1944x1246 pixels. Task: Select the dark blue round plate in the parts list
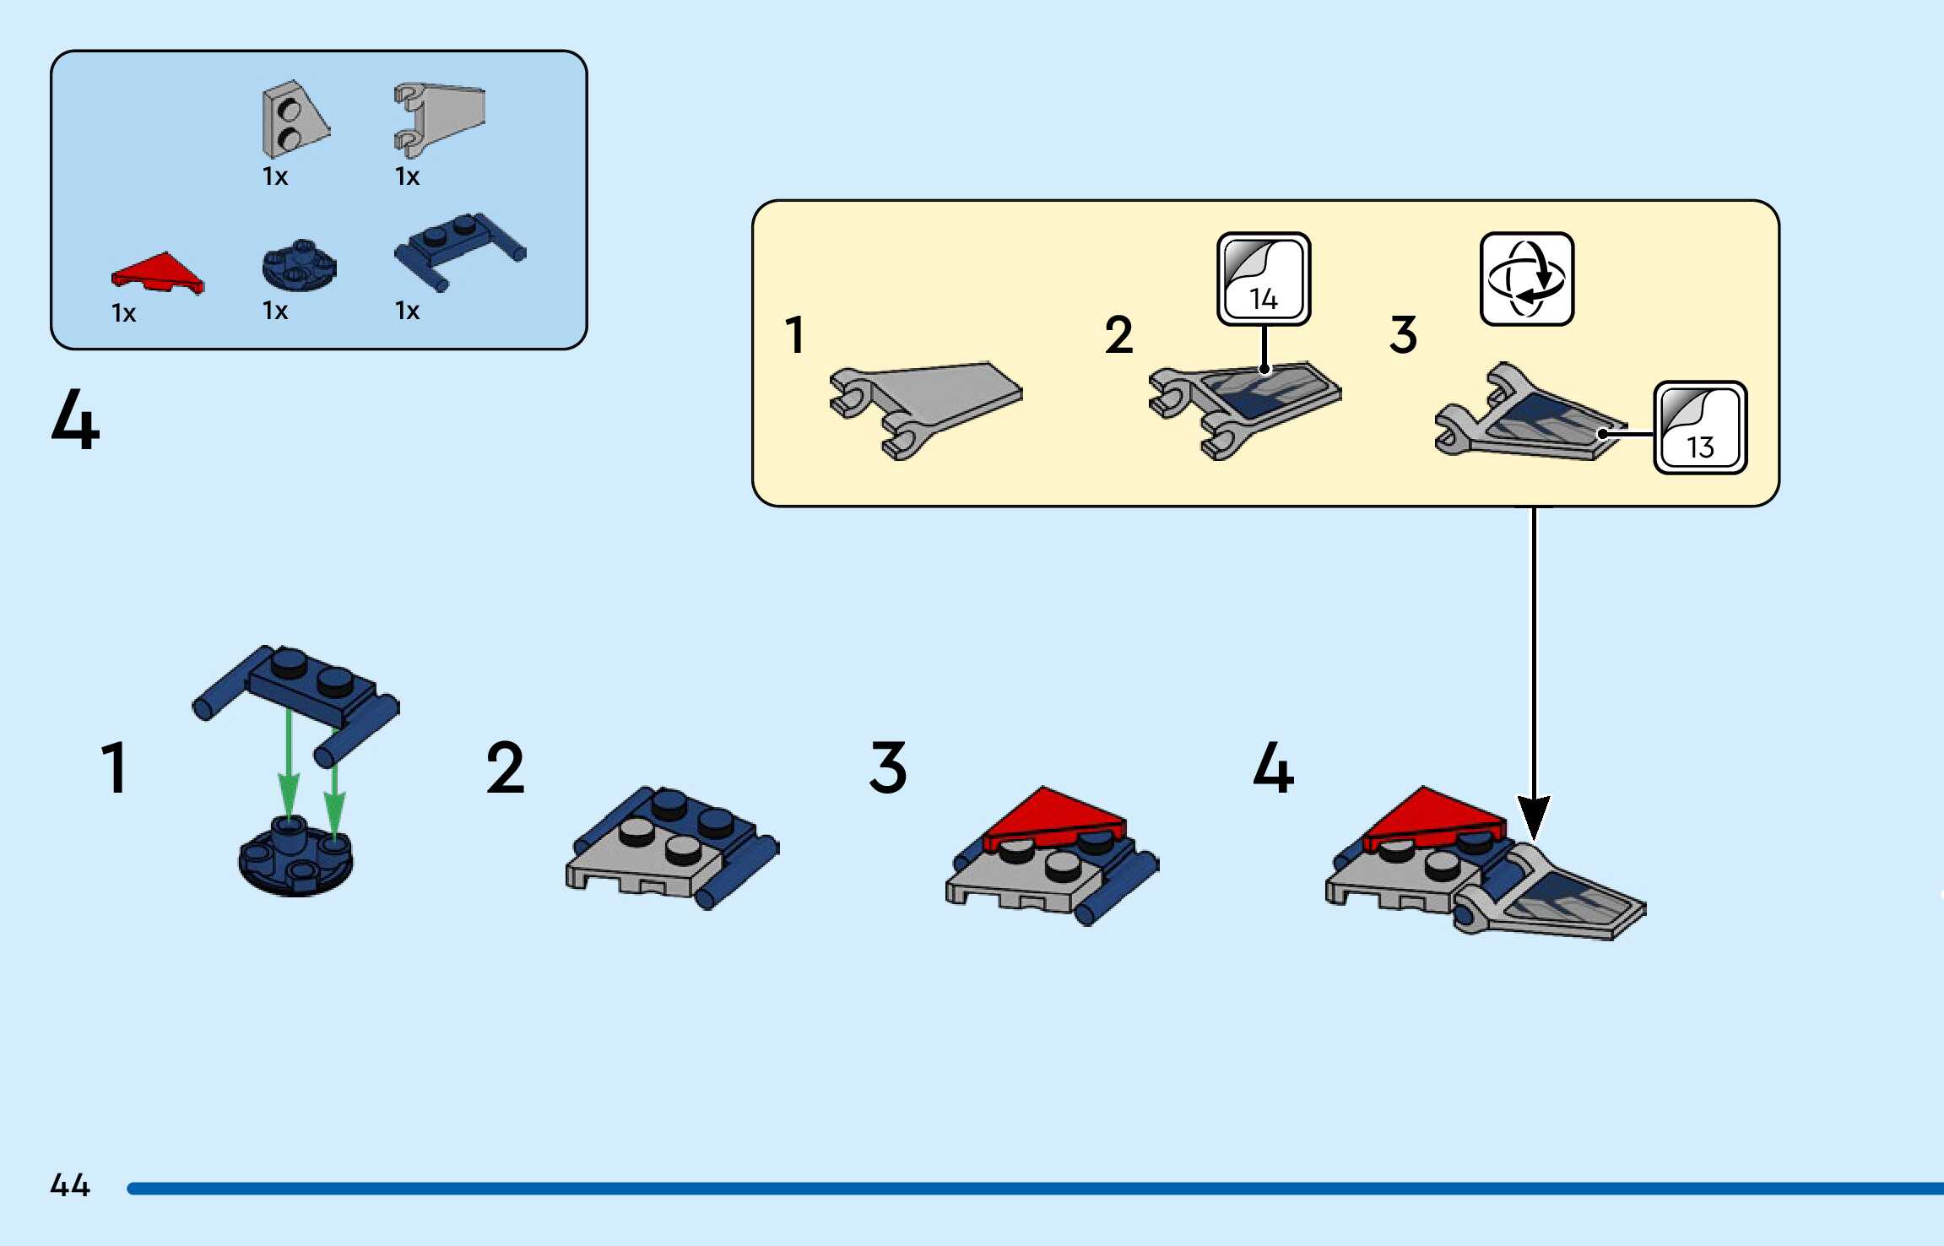click(x=299, y=266)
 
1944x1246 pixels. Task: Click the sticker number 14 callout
click(x=1263, y=279)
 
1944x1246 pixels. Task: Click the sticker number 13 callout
click(x=1699, y=427)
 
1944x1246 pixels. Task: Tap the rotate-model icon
click(x=1526, y=279)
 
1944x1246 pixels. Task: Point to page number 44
click(x=70, y=1184)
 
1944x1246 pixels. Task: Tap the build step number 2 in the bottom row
click(x=505, y=767)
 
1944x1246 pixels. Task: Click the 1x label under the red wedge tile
click(x=123, y=313)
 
